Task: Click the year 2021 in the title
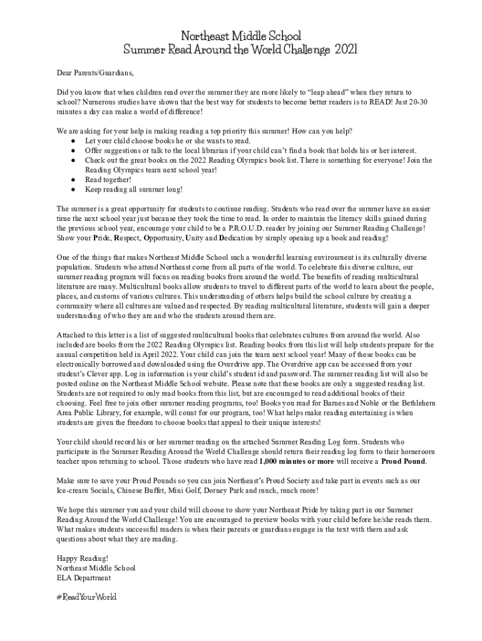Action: [346, 49]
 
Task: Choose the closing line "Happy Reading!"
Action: [82, 558]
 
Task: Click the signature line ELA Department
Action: [83, 578]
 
